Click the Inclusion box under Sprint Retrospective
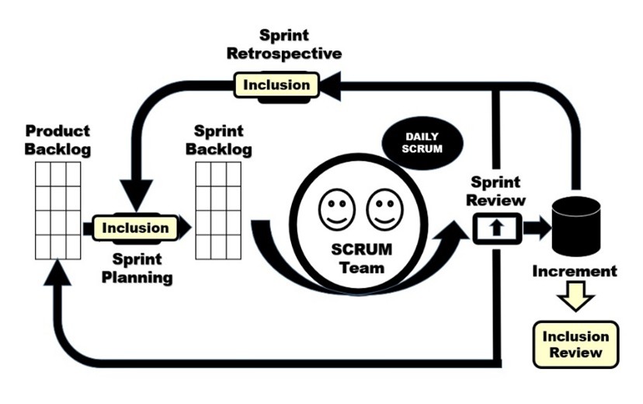coord(276,84)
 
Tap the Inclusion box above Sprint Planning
coord(135,228)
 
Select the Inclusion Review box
coord(575,344)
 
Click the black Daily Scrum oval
coord(422,142)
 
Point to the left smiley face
coord(337,208)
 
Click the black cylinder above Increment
coord(575,225)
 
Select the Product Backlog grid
coord(57,211)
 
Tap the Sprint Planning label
coord(137,266)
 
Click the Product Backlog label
coord(57,140)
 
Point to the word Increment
coord(575,271)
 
